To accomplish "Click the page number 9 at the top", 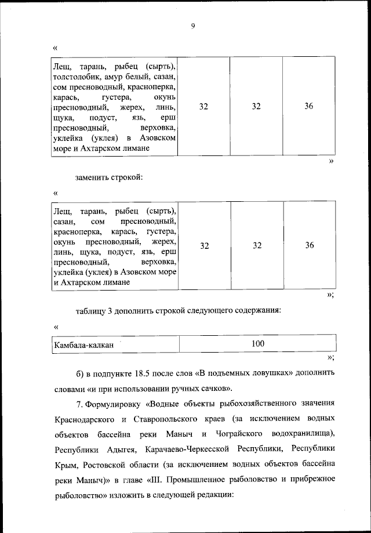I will [192, 25].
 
